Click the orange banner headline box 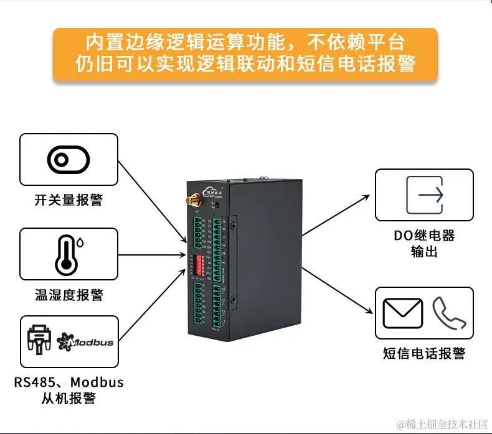tap(245, 54)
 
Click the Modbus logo tap(85, 341)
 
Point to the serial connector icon tap(39, 341)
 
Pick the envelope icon tap(403, 313)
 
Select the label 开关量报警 tap(69, 201)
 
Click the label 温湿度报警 tap(69, 295)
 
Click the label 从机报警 tap(69, 398)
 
